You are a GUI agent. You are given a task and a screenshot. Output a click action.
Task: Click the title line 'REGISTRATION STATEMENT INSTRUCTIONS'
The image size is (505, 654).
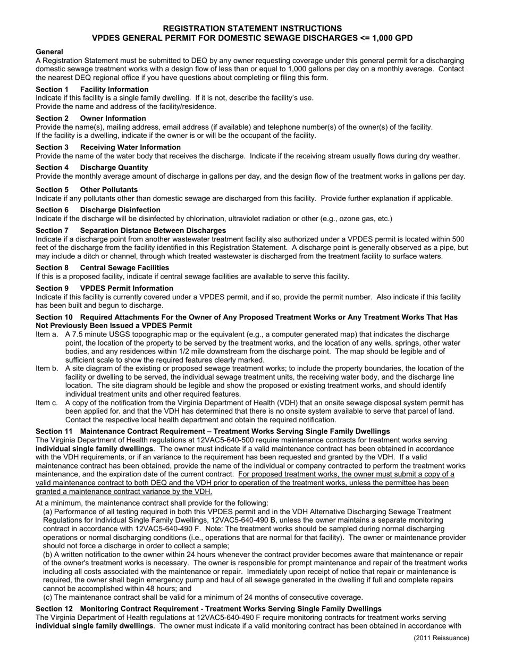click(252, 28)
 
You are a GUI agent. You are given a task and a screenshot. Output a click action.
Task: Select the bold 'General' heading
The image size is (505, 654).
click(49, 52)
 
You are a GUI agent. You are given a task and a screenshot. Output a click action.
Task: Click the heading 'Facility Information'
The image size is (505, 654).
click(114, 89)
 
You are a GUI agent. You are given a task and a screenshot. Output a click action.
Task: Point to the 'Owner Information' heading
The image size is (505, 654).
click(113, 118)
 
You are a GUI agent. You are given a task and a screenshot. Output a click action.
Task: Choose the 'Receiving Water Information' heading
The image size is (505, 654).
click(130, 147)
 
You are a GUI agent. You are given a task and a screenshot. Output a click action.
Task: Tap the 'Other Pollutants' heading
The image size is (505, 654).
click(108, 190)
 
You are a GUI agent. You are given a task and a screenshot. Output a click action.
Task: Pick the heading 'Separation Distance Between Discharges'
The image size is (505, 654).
click(153, 230)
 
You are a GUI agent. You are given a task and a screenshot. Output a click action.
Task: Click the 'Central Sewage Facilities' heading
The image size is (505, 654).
click(124, 267)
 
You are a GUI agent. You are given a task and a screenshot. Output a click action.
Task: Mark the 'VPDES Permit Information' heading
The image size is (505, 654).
click(127, 288)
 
